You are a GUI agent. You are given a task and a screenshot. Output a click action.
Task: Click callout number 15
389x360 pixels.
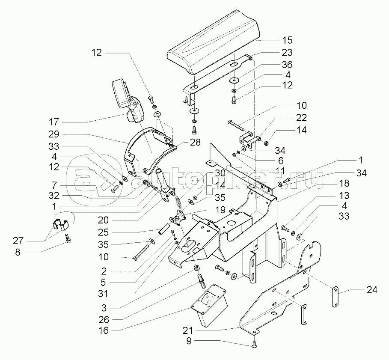coord(287,40)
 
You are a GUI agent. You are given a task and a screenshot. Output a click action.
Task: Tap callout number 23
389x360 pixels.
coord(287,53)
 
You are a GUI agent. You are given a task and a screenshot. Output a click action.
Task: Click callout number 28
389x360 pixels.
coord(196,143)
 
